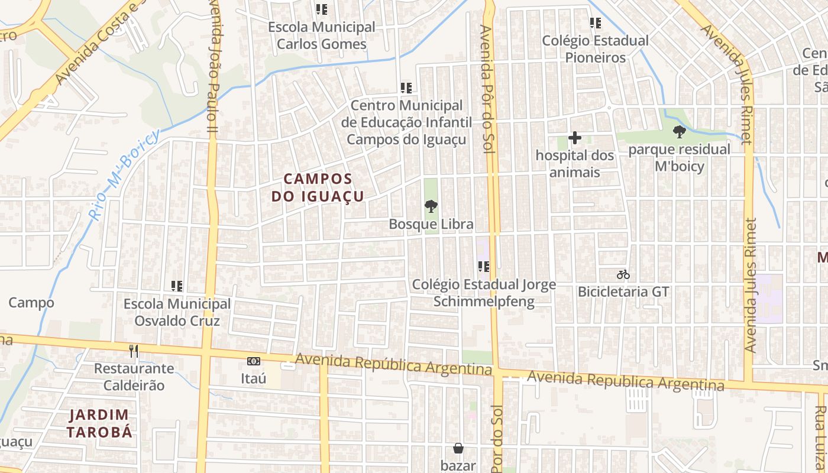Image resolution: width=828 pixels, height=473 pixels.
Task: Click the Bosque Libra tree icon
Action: pyautogui.click(x=431, y=206)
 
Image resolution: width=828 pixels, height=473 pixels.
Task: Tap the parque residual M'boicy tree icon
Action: pyautogui.click(x=679, y=132)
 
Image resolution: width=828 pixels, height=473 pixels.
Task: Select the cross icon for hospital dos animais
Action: pyautogui.click(x=574, y=138)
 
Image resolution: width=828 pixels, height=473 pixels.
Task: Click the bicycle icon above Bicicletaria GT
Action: pyautogui.click(x=623, y=274)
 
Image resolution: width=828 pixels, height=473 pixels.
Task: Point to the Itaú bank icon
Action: pyautogui.click(x=253, y=361)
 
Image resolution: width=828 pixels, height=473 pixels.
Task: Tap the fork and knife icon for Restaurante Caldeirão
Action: pyautogui.click(x=134, y=351)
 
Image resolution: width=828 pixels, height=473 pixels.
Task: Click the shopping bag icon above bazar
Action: pyautogui.click(x=458, y=448)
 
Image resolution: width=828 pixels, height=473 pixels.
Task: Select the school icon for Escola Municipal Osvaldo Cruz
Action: pyautogui.click(x=176, y=286)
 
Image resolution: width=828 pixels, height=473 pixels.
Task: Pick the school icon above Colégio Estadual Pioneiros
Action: pyautogui.click(x=595, y=23)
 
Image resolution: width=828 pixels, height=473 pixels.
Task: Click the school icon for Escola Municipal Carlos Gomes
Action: pyautogui.click(x=321, y=9)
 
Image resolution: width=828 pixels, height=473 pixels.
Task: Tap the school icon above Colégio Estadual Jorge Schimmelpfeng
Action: pyautogui.click(x=484, y=267)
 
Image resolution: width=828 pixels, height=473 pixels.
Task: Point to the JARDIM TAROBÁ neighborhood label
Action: pyautogui.click(x=99, y=423)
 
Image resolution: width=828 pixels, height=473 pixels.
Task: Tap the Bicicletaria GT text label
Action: pyautogui.click(x=623, y=291)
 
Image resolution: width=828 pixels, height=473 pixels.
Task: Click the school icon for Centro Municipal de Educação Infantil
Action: pyautogui.click(x=406, y=88)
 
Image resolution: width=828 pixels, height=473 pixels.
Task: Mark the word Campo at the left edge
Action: pyautogui.click(x=31, y=303)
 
